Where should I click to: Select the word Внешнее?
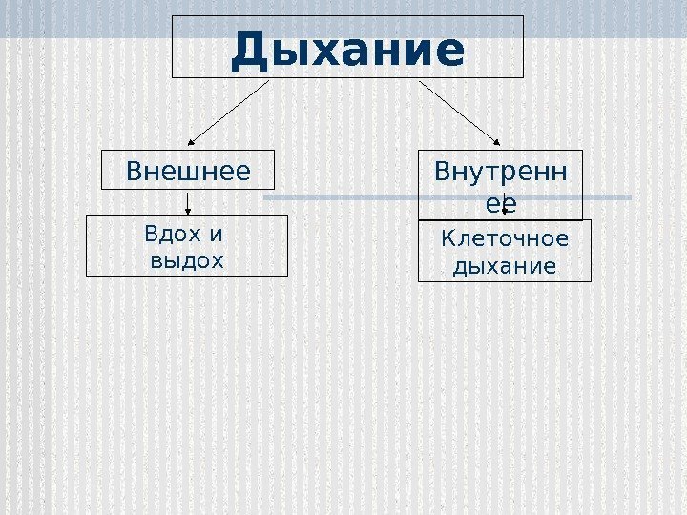188,172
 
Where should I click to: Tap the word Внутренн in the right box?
499,173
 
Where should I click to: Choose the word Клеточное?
504,238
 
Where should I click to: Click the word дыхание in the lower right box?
504,266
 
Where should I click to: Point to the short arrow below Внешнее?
188,201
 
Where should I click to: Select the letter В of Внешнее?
134,172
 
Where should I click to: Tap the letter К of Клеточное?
448,238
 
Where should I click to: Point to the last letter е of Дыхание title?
451,54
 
